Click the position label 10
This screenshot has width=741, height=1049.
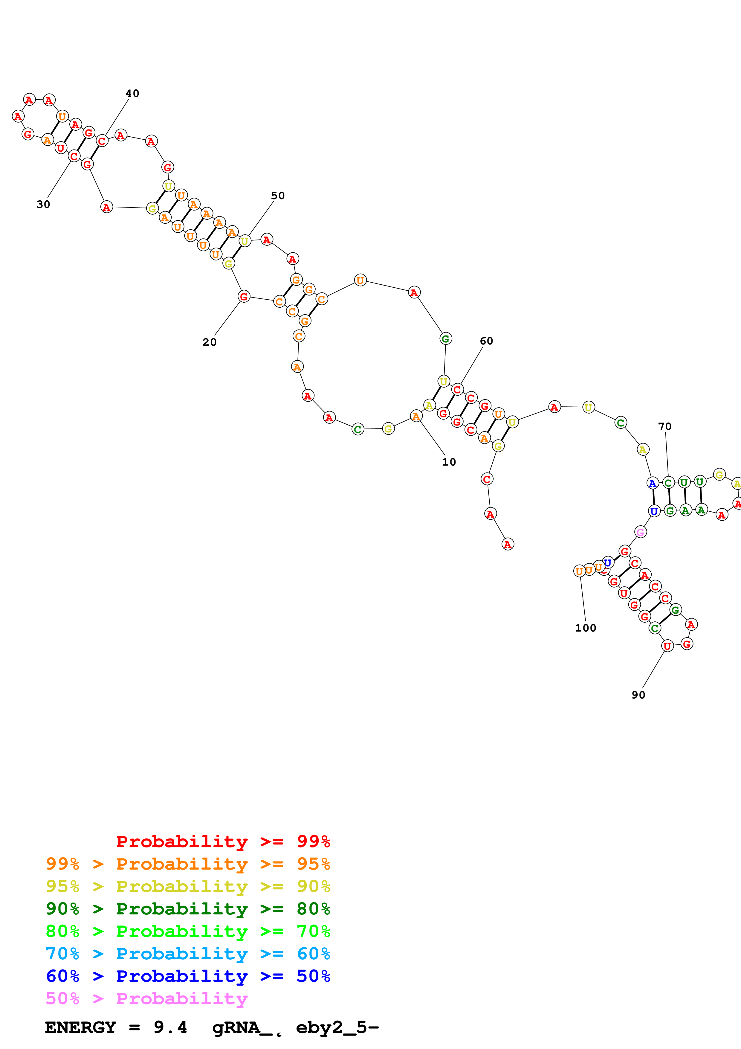[x=449, y=462]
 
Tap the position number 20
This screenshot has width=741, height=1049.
[x=210, y=342]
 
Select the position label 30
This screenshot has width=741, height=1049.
[x=43, y=204]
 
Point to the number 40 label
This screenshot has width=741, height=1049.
[x=132, y=93]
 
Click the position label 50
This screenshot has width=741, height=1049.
[x=278, y=196]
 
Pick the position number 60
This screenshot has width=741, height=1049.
[x=486, y=341]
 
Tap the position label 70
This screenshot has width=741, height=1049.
[x=665, y=426]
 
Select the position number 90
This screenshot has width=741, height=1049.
[x=638, y=695]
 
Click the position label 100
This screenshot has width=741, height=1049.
[x=585, y=628]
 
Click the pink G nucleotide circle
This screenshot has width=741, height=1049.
[x=641, y=532]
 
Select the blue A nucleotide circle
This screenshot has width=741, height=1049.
[x=653, y=483]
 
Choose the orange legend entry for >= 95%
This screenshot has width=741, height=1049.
[x=188, y=864]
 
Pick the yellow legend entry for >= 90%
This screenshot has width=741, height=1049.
[x=188, y=886]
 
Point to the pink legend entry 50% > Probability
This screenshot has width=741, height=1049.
[x=146, y=998]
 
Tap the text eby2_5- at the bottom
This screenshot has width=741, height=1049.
[x=337, y=1027]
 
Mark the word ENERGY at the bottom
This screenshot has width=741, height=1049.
[x=80, y=1027]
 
